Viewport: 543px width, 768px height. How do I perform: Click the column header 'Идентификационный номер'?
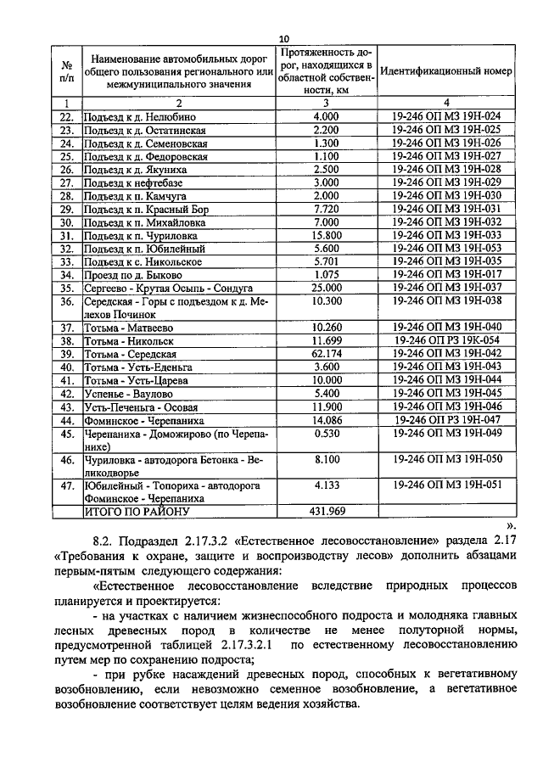click(446, 71)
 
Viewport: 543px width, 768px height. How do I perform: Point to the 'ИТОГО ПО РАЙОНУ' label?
click(139, 513)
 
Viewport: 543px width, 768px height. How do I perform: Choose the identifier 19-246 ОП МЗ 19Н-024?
click(447, 115)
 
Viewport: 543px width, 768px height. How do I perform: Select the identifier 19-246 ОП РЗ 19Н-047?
click(447, 419)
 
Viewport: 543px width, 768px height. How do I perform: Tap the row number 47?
click(66, 485)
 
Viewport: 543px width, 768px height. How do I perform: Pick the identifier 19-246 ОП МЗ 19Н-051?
click(447, 485)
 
